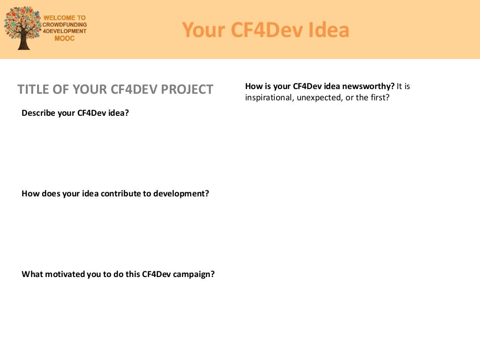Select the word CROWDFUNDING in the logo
pyautogui.click(x=65, y=24)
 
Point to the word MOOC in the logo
pyautogui.click(x=64, y=38)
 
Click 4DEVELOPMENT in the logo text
pyautogui.click(x=65, y=31)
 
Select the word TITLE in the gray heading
pyautogui.click(x=33, y=90)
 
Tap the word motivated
pyautogui.click(x=66, y=274)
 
